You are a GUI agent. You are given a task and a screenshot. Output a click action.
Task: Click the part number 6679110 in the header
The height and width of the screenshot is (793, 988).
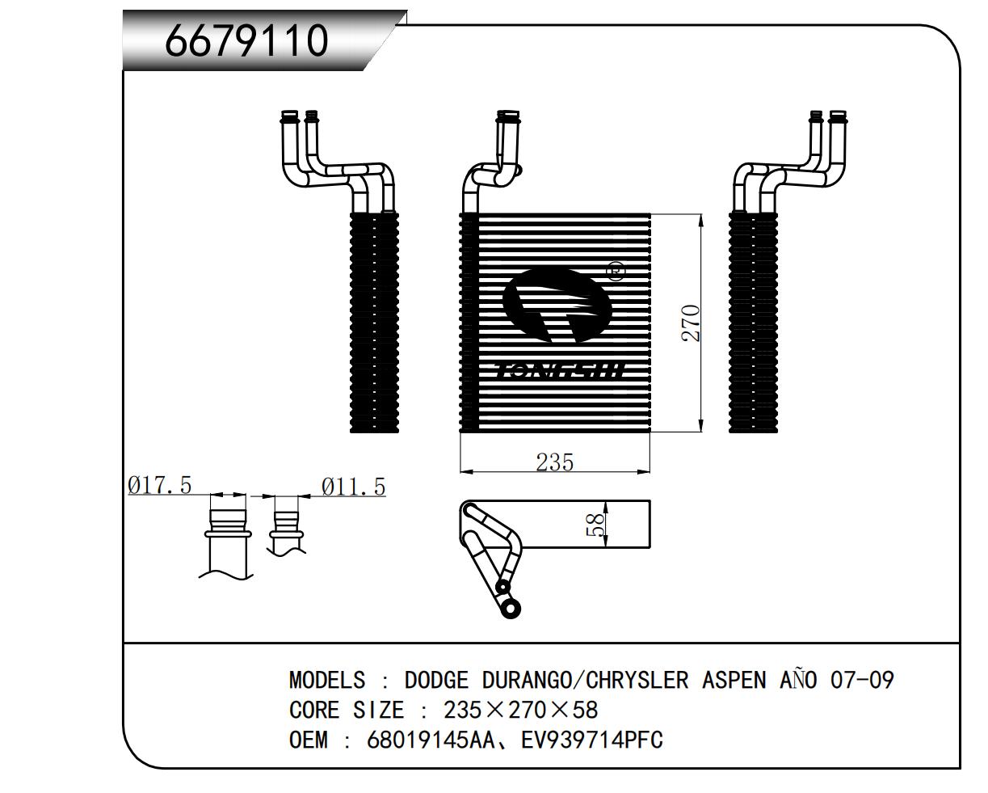[246, 41]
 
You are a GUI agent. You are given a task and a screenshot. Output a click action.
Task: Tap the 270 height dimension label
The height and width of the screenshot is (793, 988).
[691, 323]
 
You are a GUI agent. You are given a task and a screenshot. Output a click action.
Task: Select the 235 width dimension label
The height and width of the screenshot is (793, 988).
[554, 462]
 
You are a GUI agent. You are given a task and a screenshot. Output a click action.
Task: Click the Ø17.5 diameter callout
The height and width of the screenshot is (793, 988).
[160, 485]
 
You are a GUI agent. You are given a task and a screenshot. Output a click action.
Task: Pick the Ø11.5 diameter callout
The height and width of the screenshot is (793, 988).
[353, 487]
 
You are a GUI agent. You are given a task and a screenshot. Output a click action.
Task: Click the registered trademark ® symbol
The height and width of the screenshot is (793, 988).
[615, 271]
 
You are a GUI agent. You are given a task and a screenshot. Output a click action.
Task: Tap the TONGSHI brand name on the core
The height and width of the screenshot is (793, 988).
[559, 371]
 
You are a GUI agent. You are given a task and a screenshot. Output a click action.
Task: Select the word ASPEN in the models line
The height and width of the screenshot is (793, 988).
[734, 680]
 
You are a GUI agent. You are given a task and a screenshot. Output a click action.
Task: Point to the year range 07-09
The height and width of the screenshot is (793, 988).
[862, 680]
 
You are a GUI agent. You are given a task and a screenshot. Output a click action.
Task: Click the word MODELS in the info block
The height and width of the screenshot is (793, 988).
[326, 680]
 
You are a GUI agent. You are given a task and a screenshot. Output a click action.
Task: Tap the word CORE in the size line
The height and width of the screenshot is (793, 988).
[314, 710]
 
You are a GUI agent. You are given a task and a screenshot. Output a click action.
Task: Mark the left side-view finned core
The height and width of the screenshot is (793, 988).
[375, 323]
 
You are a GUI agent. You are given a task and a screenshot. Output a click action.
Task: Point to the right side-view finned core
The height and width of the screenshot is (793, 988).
[753, 323]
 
